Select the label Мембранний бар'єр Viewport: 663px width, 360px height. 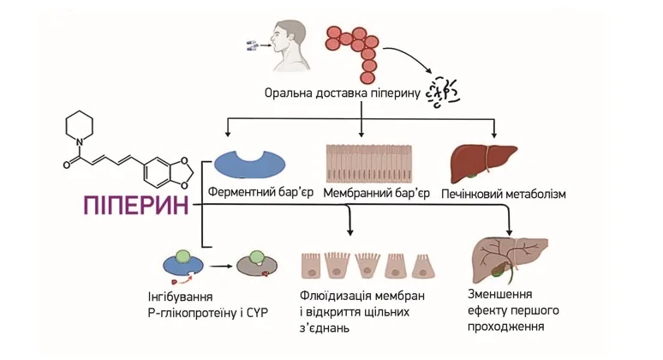[x=376, y=194]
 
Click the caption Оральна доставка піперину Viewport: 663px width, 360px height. [x=340, y=93]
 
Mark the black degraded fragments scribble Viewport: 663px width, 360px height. [x=445, y=88]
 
